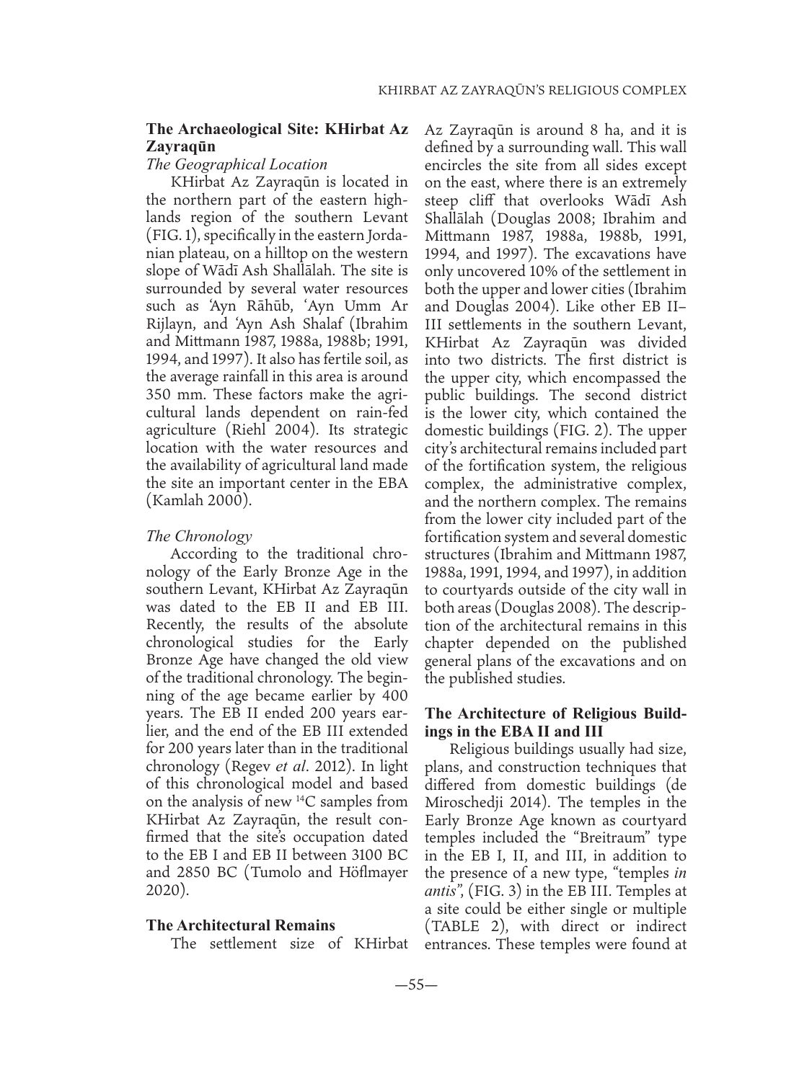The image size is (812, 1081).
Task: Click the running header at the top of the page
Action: coord(532,92)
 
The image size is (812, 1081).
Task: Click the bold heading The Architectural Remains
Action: coord(241,925)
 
